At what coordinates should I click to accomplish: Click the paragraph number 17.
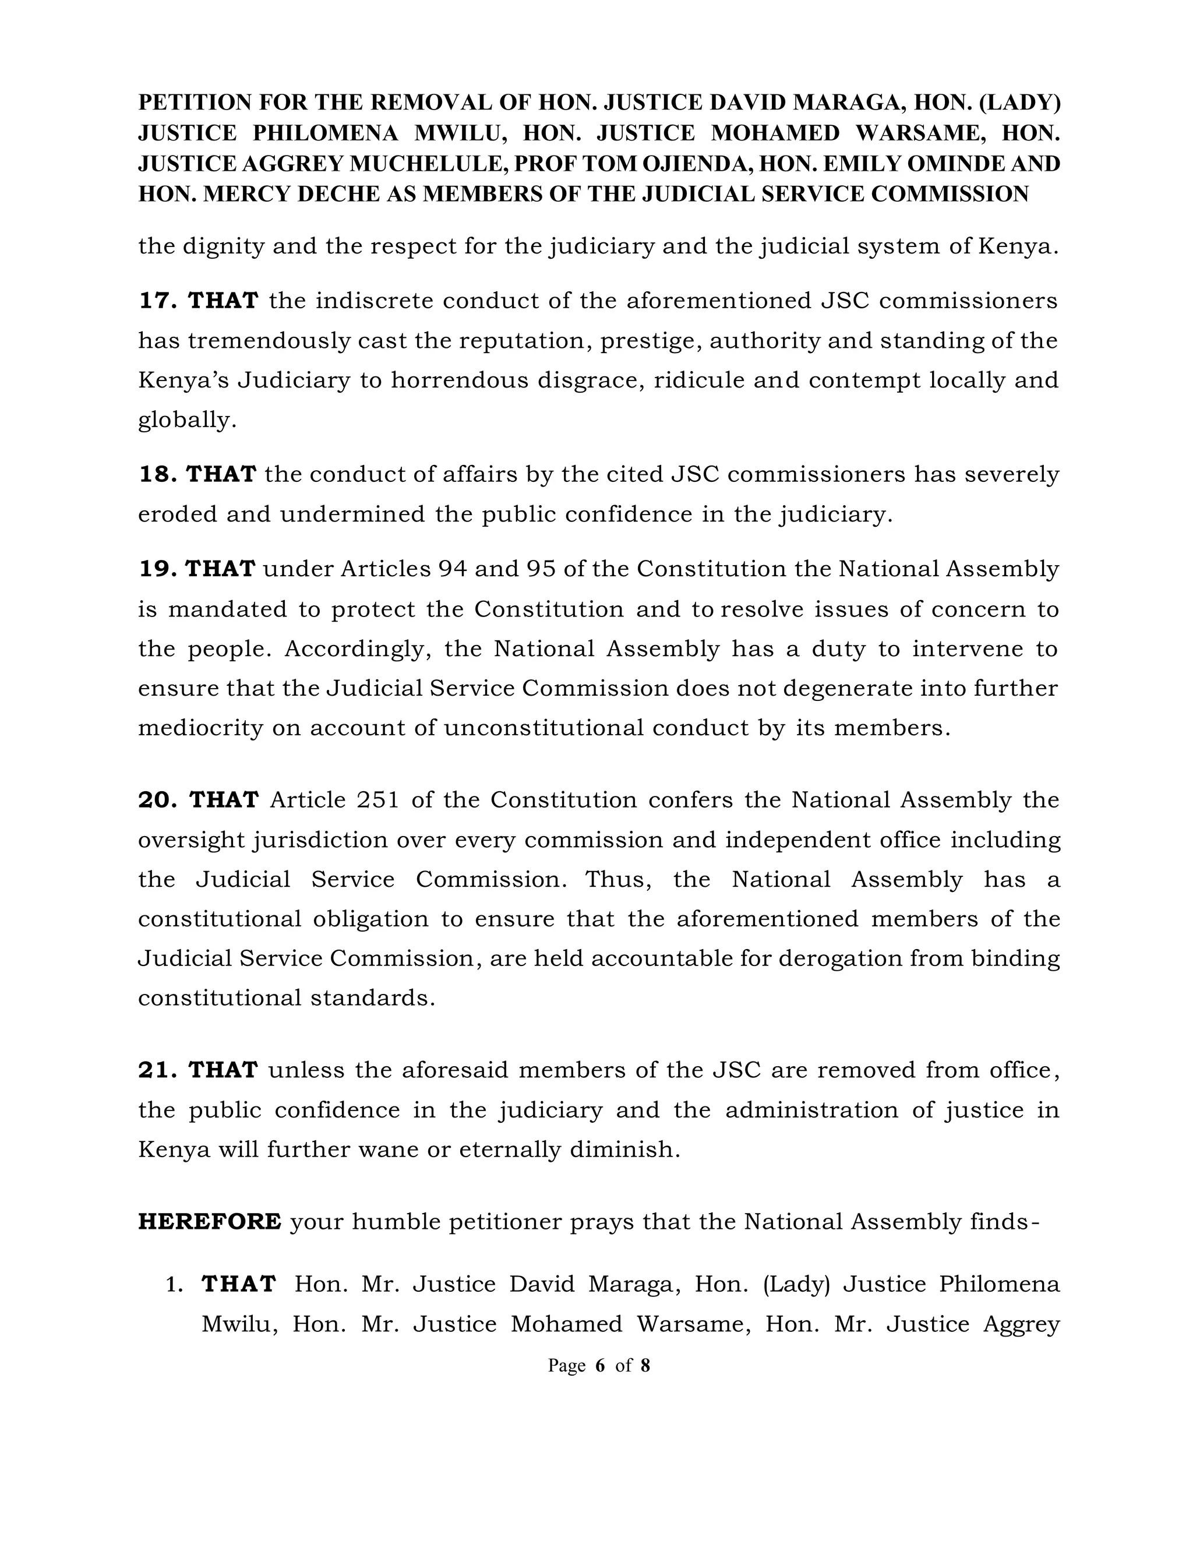pyautogui.click(x=156, y=301)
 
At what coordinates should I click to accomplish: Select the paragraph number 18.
pyautogui.click(x=156, y=474)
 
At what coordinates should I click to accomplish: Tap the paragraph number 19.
pyautogui.click(x=156, y=569)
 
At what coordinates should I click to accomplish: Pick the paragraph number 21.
pyautogui.click(x=157, y=1070)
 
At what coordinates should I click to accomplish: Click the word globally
pyautogui.click(x=186, y=421)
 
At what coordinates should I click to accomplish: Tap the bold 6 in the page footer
pyautogui.click(x=600, y=1365)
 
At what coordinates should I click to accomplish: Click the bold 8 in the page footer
pyautogui.click(x=645, y=1365)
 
